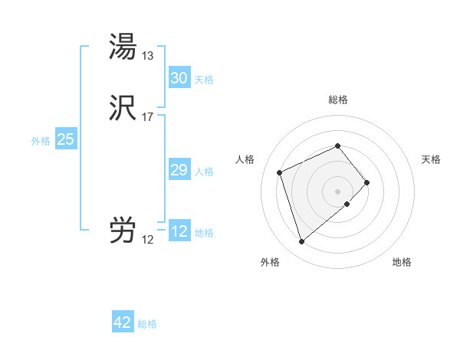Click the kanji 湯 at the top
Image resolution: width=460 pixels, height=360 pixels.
(123, 47)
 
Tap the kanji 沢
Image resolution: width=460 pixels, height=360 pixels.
(123, 110)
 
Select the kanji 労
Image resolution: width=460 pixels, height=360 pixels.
(123, 231)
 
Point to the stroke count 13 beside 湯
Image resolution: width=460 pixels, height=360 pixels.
(147, 55)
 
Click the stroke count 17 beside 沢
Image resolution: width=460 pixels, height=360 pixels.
(147, 117)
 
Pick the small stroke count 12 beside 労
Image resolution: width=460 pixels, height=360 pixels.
(147, 240)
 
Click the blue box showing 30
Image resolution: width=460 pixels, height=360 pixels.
(179, 78)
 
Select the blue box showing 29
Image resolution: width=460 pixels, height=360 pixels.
(179, 170)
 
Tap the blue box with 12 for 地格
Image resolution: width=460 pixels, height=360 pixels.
(179, 231)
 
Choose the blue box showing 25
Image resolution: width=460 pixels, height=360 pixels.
(65, 139)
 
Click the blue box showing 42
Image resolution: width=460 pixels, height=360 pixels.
(122, 322)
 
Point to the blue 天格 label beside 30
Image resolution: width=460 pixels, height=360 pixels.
(204, 80)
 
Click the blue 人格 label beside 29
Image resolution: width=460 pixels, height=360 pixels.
(204, 172)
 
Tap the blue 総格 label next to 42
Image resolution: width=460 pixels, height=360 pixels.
(147, 324)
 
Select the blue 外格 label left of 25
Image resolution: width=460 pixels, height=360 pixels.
(41, 141)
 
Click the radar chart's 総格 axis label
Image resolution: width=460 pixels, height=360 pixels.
(337, 100)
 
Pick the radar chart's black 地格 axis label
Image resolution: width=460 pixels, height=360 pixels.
(402, 263)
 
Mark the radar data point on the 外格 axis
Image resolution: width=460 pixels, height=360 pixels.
(301, 242)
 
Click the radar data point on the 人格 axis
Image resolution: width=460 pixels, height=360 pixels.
(280, 172)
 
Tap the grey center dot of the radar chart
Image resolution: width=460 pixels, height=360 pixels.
(337, 191)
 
